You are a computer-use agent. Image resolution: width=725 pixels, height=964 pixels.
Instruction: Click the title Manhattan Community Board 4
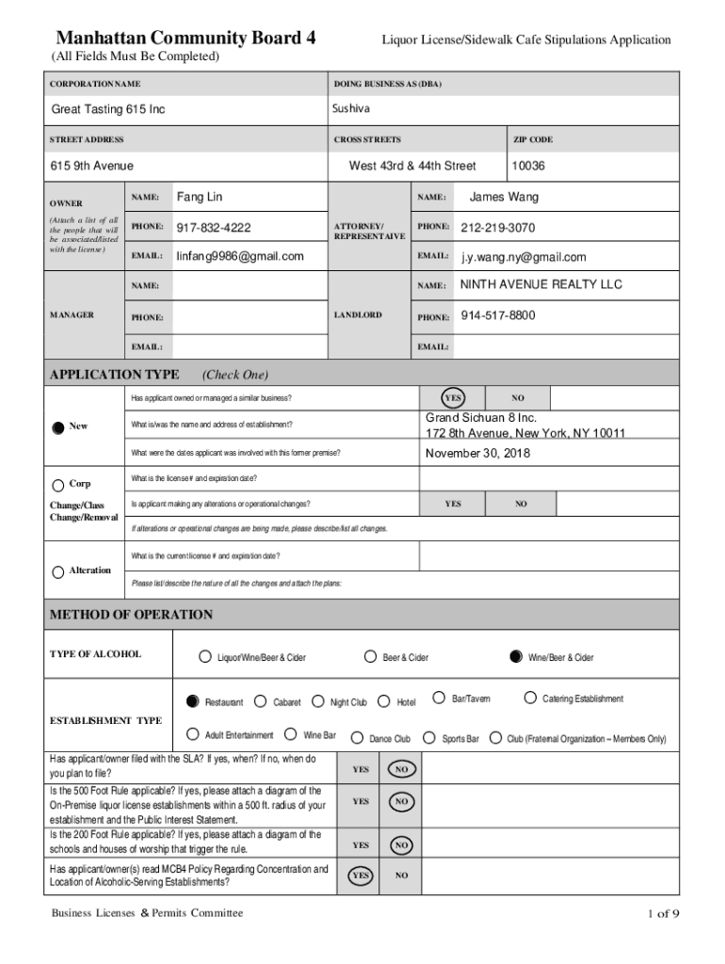coord(185,39)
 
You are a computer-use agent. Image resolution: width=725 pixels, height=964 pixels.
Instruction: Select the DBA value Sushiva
coord(351,109)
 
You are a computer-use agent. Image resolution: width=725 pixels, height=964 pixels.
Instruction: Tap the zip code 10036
coord(528,166)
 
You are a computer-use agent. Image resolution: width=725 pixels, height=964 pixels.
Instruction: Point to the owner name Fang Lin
coord(200,197)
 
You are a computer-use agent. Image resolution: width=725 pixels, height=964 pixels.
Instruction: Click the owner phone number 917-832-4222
coord(214,228)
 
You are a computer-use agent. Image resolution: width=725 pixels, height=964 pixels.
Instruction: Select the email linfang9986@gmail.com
coord(240,256)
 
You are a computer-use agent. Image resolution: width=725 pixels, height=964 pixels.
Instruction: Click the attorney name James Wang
coord(504,197)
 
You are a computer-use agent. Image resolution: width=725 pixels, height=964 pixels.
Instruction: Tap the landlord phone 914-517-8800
coord(498,315)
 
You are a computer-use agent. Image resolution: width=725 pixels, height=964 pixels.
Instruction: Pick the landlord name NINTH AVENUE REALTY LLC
coord(540,284)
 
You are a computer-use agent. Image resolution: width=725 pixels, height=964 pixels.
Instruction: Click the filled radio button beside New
coord(57,426)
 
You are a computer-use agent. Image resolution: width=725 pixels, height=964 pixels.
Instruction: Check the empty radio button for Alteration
coord(57,571)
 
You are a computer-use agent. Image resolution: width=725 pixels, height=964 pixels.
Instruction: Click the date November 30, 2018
coord(477,453)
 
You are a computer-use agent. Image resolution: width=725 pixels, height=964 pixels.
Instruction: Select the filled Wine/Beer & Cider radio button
coord(515,656)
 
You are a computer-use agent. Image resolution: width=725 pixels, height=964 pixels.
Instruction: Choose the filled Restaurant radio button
coord(193,701)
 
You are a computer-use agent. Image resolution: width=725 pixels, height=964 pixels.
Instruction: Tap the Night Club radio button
coord(318,701)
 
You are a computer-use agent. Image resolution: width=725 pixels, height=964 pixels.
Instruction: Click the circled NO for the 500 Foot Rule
coord(401,801)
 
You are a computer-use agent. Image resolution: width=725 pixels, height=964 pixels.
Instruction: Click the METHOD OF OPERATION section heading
coord(131,615)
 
